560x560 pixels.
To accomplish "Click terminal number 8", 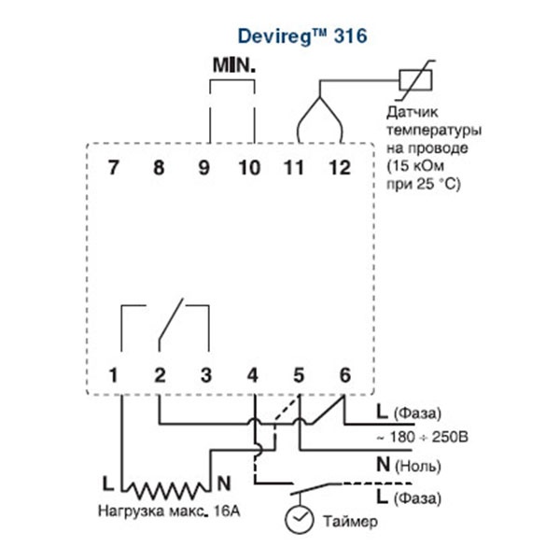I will click(159, 168).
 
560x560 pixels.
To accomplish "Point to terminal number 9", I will click(204, 168).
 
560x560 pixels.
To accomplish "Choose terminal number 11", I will click(294, 168).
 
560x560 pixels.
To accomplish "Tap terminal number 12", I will click(339, 168).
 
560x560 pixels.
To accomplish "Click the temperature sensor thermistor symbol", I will click(413, 82).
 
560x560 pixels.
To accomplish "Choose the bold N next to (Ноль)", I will click(382, 463).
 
